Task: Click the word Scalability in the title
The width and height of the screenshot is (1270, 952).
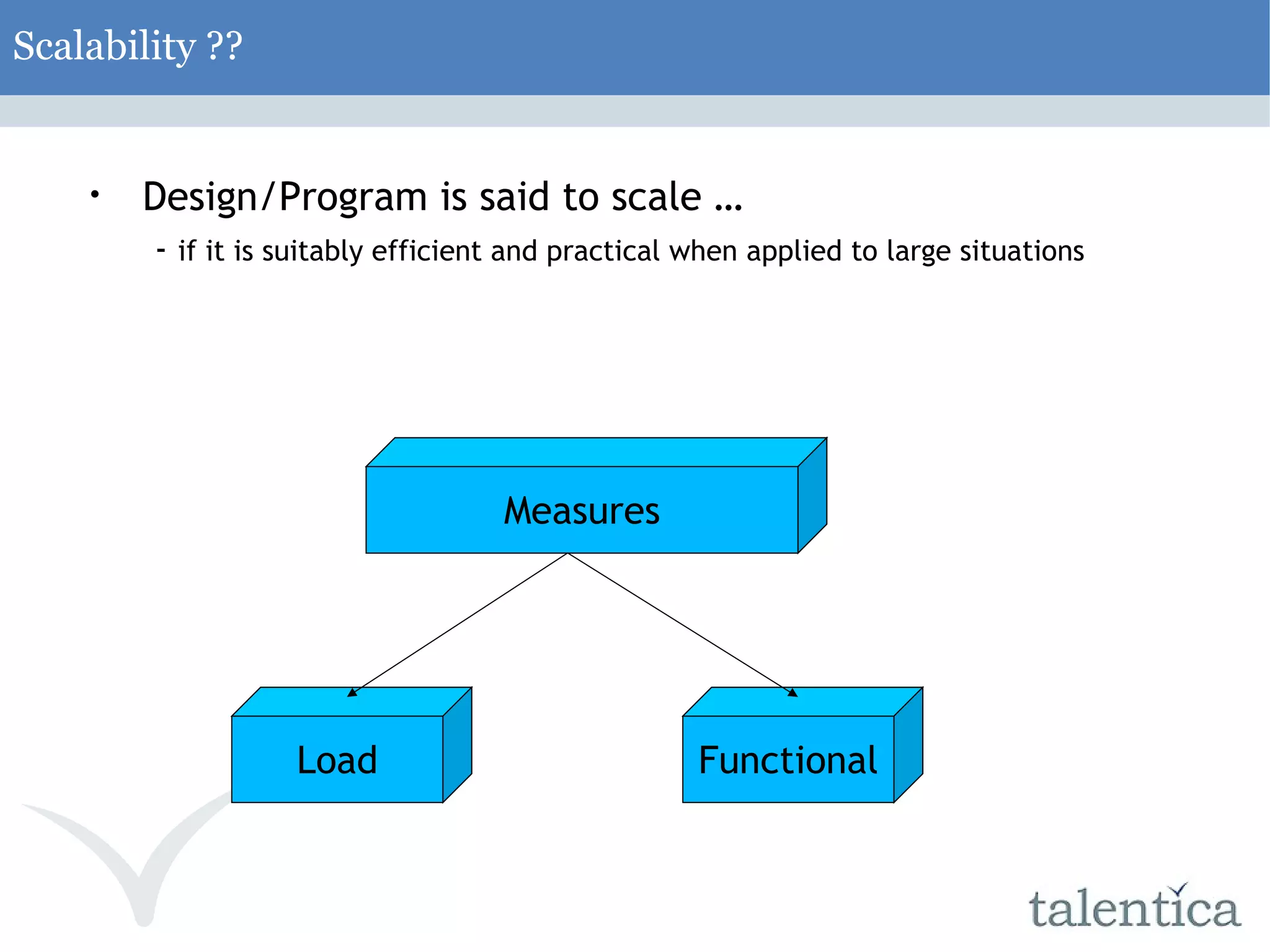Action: (104, 47)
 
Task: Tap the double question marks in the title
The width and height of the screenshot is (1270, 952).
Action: (224, 47)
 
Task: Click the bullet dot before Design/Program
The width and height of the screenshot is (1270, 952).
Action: (94, 195)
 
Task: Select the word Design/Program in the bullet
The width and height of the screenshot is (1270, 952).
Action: (285, 197)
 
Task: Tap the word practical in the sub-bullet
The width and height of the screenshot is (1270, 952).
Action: (603, 251)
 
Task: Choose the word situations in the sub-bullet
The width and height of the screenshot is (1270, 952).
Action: (1021, 251)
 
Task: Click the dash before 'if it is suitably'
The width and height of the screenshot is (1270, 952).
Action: (161, 251)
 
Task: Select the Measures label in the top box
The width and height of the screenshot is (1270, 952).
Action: (581, 511)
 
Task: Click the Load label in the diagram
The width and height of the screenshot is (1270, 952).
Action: (337, 760)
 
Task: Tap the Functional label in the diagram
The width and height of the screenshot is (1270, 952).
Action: (788, 760)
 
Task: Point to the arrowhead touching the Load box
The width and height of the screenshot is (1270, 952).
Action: (352, 692)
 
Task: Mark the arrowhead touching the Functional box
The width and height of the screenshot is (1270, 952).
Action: (792, 693)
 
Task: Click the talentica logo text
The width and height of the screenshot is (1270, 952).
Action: (1134, 909)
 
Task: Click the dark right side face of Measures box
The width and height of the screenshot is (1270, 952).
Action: (812, 495)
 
